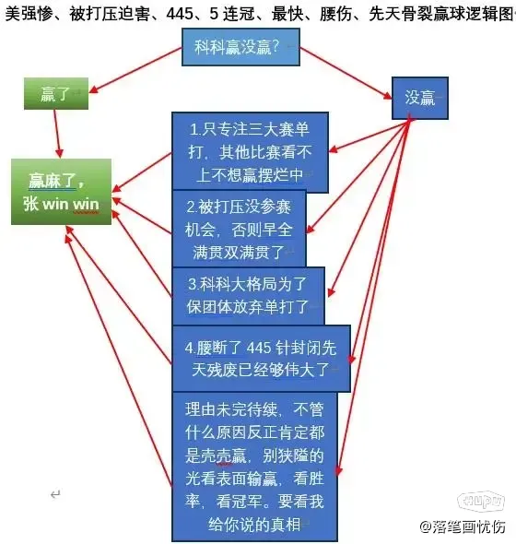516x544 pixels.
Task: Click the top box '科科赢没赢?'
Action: coord(240,47)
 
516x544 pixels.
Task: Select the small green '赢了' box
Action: coord(56,94)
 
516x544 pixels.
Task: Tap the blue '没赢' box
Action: coord(420,98)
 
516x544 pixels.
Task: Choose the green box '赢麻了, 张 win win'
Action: coord(62,192)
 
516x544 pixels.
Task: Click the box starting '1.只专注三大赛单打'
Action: coord(250,152)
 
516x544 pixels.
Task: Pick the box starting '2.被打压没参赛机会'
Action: coord(239,229)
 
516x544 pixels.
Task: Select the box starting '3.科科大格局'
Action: coord(248,296)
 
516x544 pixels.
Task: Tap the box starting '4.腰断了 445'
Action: coord(261,359)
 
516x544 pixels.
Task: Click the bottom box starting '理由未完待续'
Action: coord(254,467)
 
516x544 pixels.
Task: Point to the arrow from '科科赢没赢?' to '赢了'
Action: coord(135,70)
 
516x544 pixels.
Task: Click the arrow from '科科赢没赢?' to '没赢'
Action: coord(346,73)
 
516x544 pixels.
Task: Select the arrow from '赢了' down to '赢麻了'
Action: coord(57,134)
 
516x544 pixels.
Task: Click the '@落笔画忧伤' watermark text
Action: coord(463,527)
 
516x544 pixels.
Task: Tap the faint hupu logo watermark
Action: coord(481,502)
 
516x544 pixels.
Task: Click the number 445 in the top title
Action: coord(180,14)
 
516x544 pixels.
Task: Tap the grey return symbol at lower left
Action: coord(55,494)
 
